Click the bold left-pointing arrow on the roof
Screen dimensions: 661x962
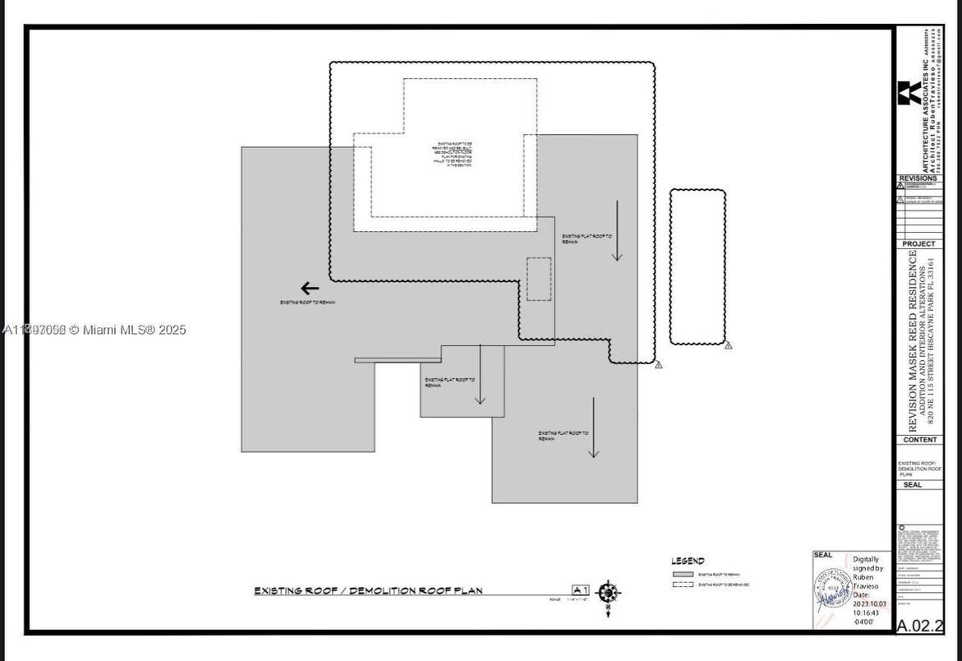coord(310,288)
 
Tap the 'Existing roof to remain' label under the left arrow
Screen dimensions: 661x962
coord(307,303)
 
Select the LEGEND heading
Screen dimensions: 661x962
coord(688,561)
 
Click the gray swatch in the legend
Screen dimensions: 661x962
coord(683,575)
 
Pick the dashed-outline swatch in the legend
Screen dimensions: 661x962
coord(683,585)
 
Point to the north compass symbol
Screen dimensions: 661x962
coord(608,592)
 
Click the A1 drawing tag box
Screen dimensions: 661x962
coord(581,589)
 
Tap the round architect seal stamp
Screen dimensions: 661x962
coord(832,589)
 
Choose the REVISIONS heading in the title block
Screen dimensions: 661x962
coord(918,178)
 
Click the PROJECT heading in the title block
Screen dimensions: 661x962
coord(918,244)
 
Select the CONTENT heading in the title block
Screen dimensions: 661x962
coord(918,440)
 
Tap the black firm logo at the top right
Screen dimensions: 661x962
coord(909,93)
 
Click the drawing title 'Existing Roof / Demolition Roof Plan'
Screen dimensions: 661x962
coord(368,590)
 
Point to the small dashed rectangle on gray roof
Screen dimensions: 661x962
coord(539,279)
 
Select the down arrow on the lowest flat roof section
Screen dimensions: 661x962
coord(593,428)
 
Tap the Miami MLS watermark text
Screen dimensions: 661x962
coord(95,330)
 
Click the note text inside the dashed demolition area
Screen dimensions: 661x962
coord(453,155)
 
